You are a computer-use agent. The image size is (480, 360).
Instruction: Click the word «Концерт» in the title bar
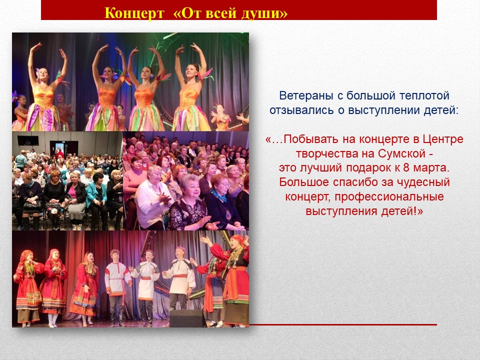[134, 13]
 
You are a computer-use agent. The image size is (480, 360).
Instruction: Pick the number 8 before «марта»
[405, 168]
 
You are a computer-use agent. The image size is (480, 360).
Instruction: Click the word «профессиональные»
[389, 197]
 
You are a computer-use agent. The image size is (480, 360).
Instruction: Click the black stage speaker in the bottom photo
[187, 318]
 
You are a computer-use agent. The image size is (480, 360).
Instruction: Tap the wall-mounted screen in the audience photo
[28, 140]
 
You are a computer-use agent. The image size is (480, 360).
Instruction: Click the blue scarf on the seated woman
[219, 195]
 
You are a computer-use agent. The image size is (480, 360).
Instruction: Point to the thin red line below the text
[343, 324]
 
